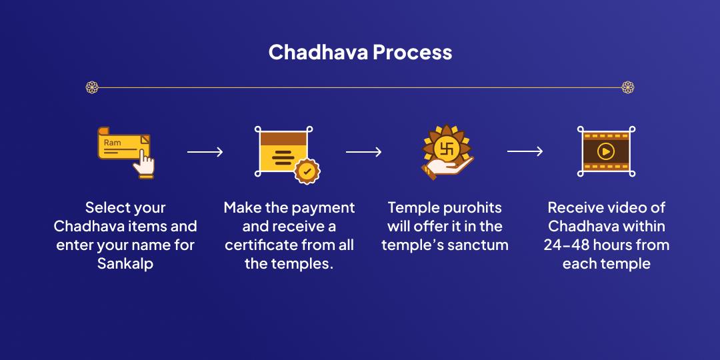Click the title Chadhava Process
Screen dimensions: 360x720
click(360, 53)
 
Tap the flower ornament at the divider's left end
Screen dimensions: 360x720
click(92, 87)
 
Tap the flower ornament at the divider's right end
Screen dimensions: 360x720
click(627, 87)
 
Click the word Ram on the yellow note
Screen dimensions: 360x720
click(112, 143)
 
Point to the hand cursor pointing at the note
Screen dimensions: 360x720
click(144, 164)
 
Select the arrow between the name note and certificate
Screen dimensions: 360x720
click(205, 152)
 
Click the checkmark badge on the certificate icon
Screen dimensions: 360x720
click(307, 171)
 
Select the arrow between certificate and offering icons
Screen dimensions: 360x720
click(363, 152)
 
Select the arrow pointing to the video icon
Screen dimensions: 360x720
click(525, 152)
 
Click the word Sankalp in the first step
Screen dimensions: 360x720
click(125, 263)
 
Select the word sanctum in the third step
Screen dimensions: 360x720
click(476, 245)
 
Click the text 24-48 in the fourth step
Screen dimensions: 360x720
click(565, 245)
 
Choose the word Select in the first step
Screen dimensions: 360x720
click(106, 207)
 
